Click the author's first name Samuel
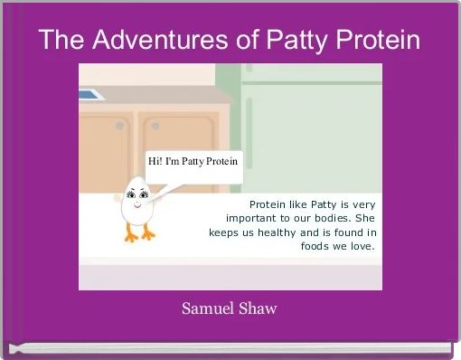[x=208, y=308]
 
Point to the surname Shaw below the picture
[x=259, y=308]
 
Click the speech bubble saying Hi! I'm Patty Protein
[x=193, y=163]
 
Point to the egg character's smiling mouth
[x=136, y=205]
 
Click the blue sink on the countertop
[x=89, y=93]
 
